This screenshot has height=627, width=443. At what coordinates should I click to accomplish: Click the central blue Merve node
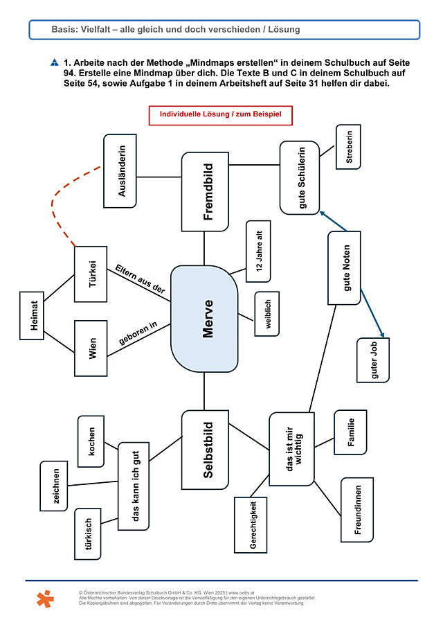pos(204,319)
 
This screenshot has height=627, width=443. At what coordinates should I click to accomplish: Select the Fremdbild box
pos(205,191)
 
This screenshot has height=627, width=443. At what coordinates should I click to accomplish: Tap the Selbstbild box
pos(205,450)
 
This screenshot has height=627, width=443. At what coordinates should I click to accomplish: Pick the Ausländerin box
pos(120,170)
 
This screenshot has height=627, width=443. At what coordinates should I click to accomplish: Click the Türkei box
pos(91,274)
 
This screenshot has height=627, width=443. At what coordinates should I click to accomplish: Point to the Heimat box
pos(32,315)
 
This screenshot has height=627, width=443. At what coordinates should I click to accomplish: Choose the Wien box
pos(91,348)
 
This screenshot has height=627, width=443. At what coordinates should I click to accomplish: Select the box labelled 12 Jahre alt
pos(258,251)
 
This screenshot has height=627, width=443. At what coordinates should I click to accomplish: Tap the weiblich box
pos(267,313)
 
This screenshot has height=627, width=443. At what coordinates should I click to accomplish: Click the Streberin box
pos(348,147)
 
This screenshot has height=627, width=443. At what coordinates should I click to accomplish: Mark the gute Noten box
pos(344,268)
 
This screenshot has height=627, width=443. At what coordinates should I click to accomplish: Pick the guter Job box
pos(373,360)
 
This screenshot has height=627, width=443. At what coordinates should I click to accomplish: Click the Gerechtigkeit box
pos(251,524)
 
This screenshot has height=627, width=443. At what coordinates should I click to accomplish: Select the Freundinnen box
pos(357,510)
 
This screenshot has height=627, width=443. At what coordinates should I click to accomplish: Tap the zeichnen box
pos(54,486)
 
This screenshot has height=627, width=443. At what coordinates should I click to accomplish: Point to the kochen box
pos(91,441)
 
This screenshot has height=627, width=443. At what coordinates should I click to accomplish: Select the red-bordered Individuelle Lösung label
pos(221,115)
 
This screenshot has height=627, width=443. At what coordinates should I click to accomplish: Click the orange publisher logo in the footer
pos(45,599)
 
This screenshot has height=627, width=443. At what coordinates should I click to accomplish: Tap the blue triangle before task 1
pos(55,62)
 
